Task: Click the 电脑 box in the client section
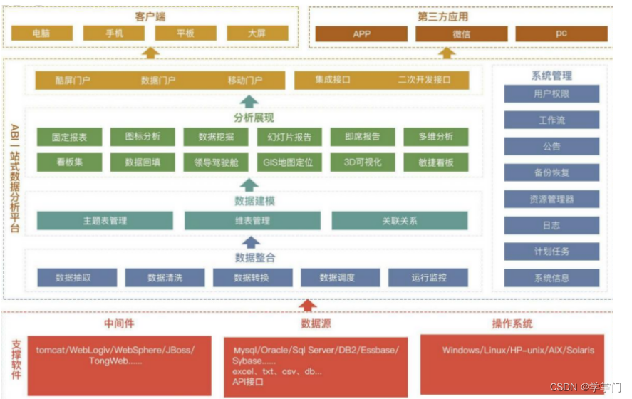point(42,33)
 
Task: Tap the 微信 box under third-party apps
point(461,33)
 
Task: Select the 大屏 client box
point(257,33)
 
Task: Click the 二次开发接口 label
point(425,81)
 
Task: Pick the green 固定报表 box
point(68,137)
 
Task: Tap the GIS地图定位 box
point(288,162)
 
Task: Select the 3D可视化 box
point(363,162)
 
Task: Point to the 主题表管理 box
point(105,221)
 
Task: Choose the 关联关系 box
point(399,221)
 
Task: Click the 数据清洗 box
point(165,277)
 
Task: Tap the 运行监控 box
point(429,277)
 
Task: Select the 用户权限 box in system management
point(551,93)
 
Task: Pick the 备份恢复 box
point(551,172)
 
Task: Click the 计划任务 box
point(551,252)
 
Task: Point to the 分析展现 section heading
point(254,118)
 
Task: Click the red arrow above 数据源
point(307,305)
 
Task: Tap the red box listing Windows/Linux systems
point(517,355)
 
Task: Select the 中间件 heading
point(119,323)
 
